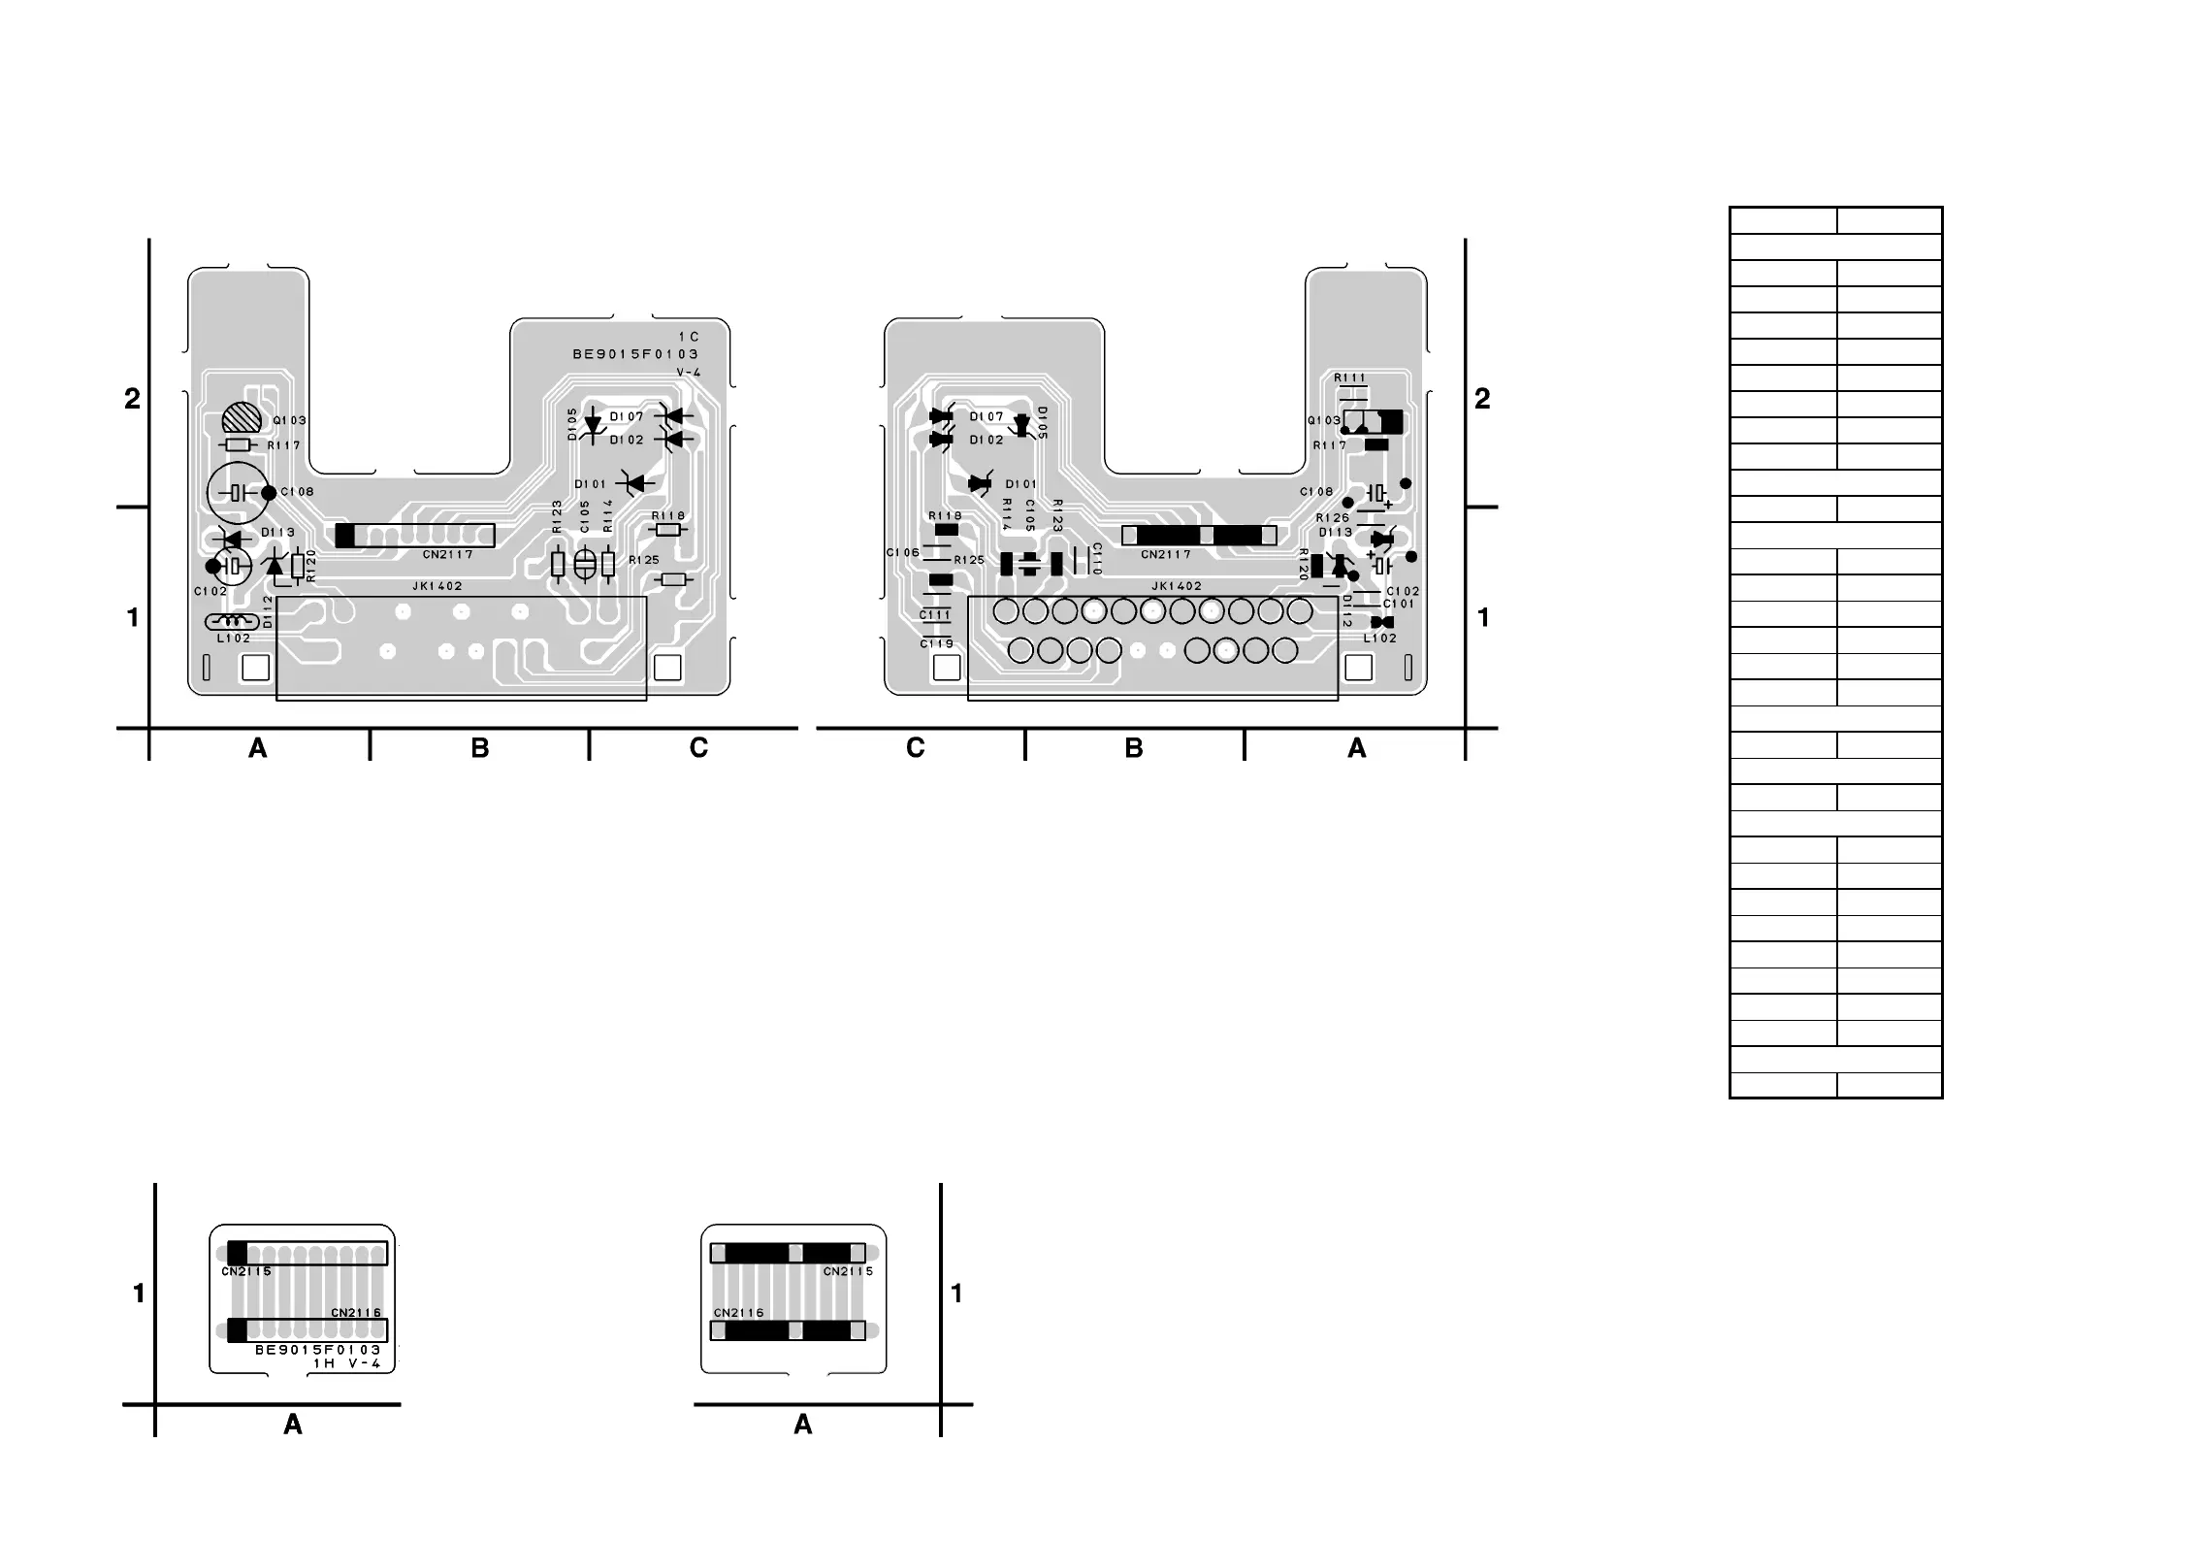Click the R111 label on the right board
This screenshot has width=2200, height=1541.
pyautogui.click(x=1349, y=378)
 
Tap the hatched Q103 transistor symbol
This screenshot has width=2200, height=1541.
pyautogui.click(x=242, y=418)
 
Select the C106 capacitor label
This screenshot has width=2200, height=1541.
pyautogui.click(x=902, y=553)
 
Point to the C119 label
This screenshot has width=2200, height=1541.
pyautogui.click(x=937, y=644)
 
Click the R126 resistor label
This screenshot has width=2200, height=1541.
pyautogui.click(x=1333, y=518)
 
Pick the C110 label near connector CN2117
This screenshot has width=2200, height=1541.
pyautogui.click(x=1097, y=559)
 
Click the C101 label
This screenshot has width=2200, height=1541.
pyautogui.click(x=1398, y=604)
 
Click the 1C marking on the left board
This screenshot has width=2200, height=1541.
pyautogui.click(x=689, y=337)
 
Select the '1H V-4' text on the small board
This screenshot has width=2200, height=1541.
pyautogui.click(x=347, y=1363)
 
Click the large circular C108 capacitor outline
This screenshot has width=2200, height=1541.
pyautogui.click(x=237, y=493)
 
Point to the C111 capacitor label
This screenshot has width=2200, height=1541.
pyautogui.click(x=935, y=615)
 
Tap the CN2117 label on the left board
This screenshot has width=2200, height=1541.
pyautogui.click(x=447, y=555)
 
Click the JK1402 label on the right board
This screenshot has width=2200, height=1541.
pyautogui.click(x=1177, y=586)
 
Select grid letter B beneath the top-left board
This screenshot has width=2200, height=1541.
pyautogui.click(x=480, y=748)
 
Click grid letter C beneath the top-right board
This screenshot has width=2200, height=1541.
pyautogui.click(x=915, y=748)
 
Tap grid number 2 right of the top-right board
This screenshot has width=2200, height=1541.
pyautogui.click(x=1482, y=398)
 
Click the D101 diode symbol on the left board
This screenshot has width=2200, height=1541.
pyautogui.click(x=636, y=482)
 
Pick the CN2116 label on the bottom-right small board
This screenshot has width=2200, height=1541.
pyautogui.click(x=739, y=1313)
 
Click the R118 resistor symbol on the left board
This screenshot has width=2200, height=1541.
pyautogui.click(x=668, y=530)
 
